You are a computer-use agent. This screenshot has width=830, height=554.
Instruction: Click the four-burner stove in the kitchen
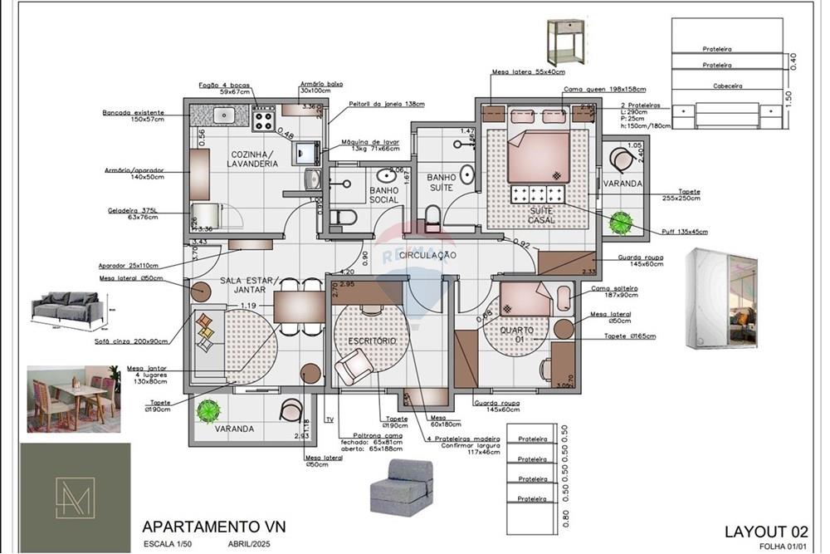pos(264,121)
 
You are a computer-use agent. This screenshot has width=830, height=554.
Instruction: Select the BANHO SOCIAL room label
pos(383,195)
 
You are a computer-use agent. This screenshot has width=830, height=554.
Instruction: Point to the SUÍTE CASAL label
pos(542,216)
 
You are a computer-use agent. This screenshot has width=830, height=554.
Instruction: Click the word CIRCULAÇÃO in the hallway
pos(428,255)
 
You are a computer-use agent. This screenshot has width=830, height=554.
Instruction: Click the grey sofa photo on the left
pos(68,311)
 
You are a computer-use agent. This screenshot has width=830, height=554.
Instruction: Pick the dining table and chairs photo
pos(73,400)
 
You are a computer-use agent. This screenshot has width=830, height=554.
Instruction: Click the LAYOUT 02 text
pos(765,532)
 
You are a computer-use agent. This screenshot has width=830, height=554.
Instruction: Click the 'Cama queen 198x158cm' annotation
pos(593,89)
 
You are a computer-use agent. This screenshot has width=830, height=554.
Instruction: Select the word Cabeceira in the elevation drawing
pos(727,86)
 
